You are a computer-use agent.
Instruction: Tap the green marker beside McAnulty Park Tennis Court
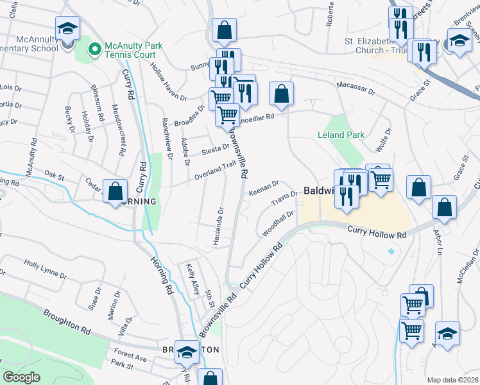(95, 48)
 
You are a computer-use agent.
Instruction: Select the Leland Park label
(341, 135)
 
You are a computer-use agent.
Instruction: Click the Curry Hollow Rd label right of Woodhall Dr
(378, 234)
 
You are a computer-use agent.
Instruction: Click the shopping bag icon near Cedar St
(114, 191)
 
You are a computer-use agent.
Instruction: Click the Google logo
(21, 377)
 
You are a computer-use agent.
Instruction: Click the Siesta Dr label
(216, 150)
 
